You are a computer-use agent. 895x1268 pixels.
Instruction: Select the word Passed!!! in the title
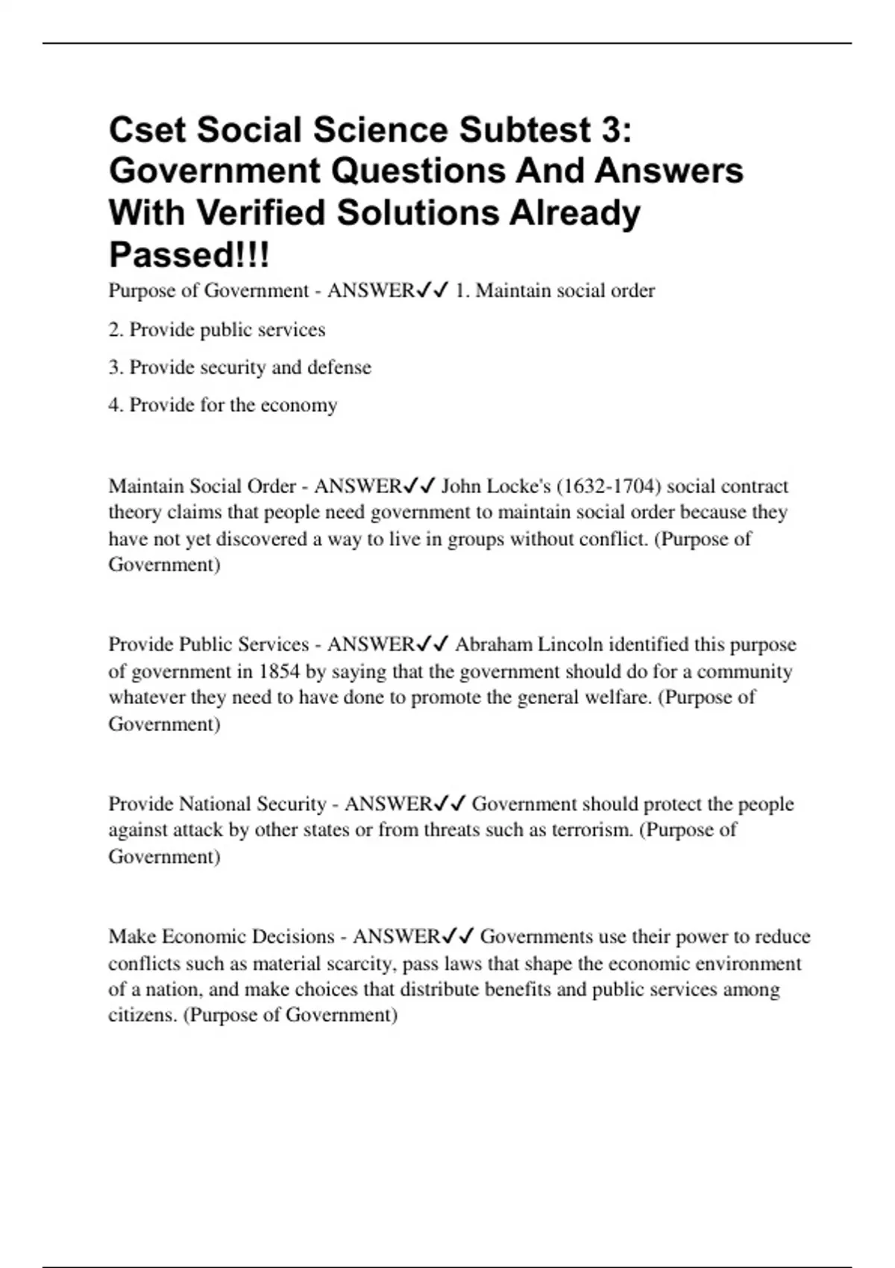[189, 255]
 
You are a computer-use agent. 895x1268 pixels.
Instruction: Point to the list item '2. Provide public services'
[217, 330]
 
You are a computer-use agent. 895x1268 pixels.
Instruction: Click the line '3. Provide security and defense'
[239, 367]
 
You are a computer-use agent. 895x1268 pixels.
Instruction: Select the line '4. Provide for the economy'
[223, 405]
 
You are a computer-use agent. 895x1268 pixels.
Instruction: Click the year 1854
[279, 671]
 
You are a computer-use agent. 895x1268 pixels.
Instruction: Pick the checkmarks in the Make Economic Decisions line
[458, 936]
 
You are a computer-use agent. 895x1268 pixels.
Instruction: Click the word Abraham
[494, 644]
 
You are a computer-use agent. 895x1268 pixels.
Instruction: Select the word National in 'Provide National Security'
[216, 804]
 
